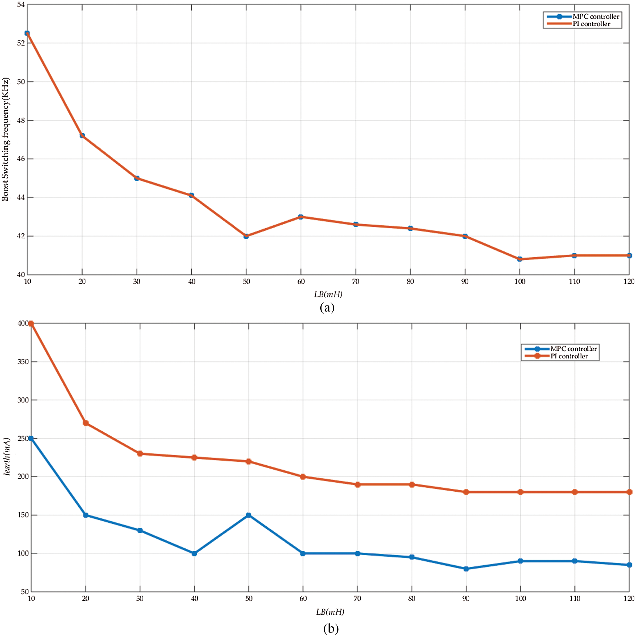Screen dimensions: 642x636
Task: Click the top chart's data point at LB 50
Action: (x=246, y=236)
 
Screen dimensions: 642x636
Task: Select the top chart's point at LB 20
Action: (x=82, y=136)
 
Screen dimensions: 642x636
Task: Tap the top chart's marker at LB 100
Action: (x=520, y=259)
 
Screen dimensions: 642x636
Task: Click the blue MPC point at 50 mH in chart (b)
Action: (x=249, y=515)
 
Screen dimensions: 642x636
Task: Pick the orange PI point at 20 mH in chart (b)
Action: (x=85, y=423)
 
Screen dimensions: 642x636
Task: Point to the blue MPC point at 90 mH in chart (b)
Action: (x=466, y=569)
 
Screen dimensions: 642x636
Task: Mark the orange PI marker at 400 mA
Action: (x=31, y=324)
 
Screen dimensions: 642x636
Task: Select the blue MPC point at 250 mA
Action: (x=31, y=438)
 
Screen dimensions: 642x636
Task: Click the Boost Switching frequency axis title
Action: (x=5, y=140)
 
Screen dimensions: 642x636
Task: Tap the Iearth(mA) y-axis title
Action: (x=7, y=456)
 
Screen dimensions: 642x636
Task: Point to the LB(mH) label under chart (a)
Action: (x=328, y=294)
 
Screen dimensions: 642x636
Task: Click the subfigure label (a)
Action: (x=327, y=307)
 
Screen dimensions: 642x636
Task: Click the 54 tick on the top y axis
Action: (x=21, y=5)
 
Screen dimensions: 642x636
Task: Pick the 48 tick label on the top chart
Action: (x=21, y=120)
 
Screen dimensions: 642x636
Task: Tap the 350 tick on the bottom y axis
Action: (x=23, y=362)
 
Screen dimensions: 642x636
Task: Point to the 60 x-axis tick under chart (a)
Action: (x=301, y=282)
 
